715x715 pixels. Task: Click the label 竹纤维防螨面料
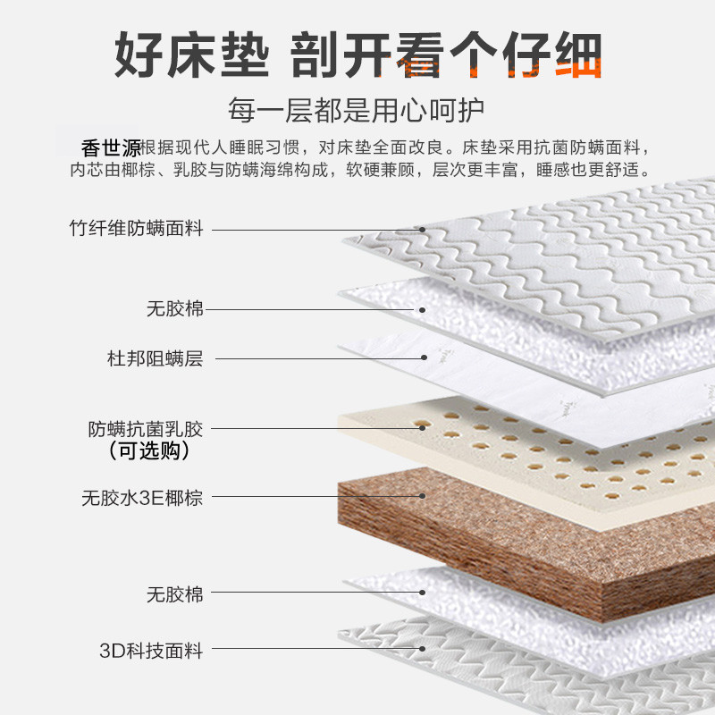(137, 228)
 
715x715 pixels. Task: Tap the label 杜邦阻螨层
(155, 359)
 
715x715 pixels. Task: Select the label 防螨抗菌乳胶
(146, 428)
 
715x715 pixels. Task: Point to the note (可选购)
(147, 451)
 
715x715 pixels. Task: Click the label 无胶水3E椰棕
(142, 497)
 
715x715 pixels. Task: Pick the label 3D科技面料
(151, 651)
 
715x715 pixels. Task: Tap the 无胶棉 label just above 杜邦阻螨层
(175, 309)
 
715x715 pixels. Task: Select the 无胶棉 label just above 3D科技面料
(175, 593)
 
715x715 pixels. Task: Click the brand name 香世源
(111, 146)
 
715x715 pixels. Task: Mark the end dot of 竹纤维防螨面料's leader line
(422, 229)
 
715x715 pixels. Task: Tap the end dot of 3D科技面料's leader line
(421, 651)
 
